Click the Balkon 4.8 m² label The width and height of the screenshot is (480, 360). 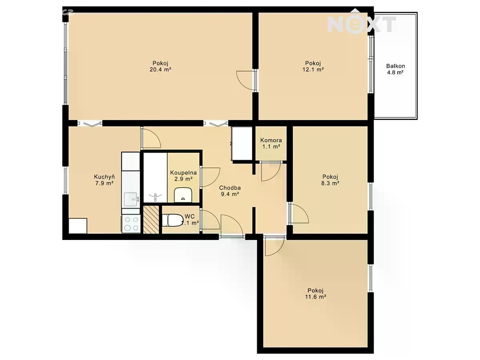395,69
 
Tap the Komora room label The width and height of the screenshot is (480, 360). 271,140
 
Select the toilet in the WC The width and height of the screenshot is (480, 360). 172,220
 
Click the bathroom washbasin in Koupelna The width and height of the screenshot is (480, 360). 183,195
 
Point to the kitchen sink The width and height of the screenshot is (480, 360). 131,199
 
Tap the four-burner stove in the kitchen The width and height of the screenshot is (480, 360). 131,224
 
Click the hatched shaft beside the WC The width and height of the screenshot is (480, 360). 151,220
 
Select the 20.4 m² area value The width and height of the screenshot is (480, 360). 160,70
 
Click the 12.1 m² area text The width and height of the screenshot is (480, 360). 313,70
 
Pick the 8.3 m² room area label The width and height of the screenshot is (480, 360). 330,183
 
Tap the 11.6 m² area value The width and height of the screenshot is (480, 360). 316,297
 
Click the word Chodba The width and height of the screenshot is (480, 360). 230,188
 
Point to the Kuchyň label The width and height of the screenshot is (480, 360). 104,177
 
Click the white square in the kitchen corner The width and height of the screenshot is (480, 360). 78,226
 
